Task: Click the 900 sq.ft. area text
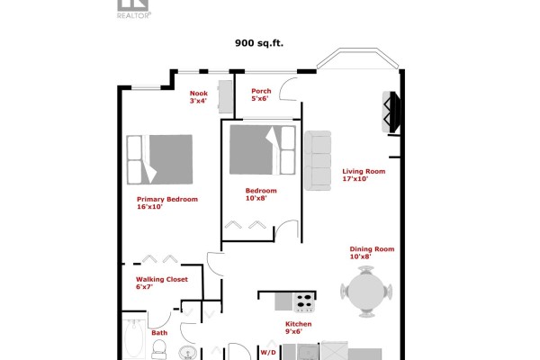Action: click(x=259, y=43)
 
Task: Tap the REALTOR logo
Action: click(x=133, y=9)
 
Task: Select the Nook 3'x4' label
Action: click(x=199, y=97)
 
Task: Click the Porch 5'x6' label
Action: click(x=261, y=94)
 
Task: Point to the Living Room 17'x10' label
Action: click(x=364, y=175)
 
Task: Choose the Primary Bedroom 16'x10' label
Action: click(x=167, y=202)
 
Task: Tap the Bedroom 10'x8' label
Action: click(x=261, y=194)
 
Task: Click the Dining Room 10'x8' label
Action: click(x=372, y=253)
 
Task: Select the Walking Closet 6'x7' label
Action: click(x=162, y=283)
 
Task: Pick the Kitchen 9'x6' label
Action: click(x=298, y=328)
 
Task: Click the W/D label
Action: click(x=268, y=353)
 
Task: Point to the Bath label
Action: click(x=159, y=333)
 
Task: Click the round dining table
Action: click(x=366, y=292)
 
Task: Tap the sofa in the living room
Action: click(x=318, y=160)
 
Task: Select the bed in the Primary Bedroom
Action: click(x=159, y=159)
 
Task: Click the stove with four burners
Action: click(x=304, y=302)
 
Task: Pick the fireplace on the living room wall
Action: click(x=391, y=112)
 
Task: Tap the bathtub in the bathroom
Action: click(x=134, y=339)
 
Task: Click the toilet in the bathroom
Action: click(x=159, y=349)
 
